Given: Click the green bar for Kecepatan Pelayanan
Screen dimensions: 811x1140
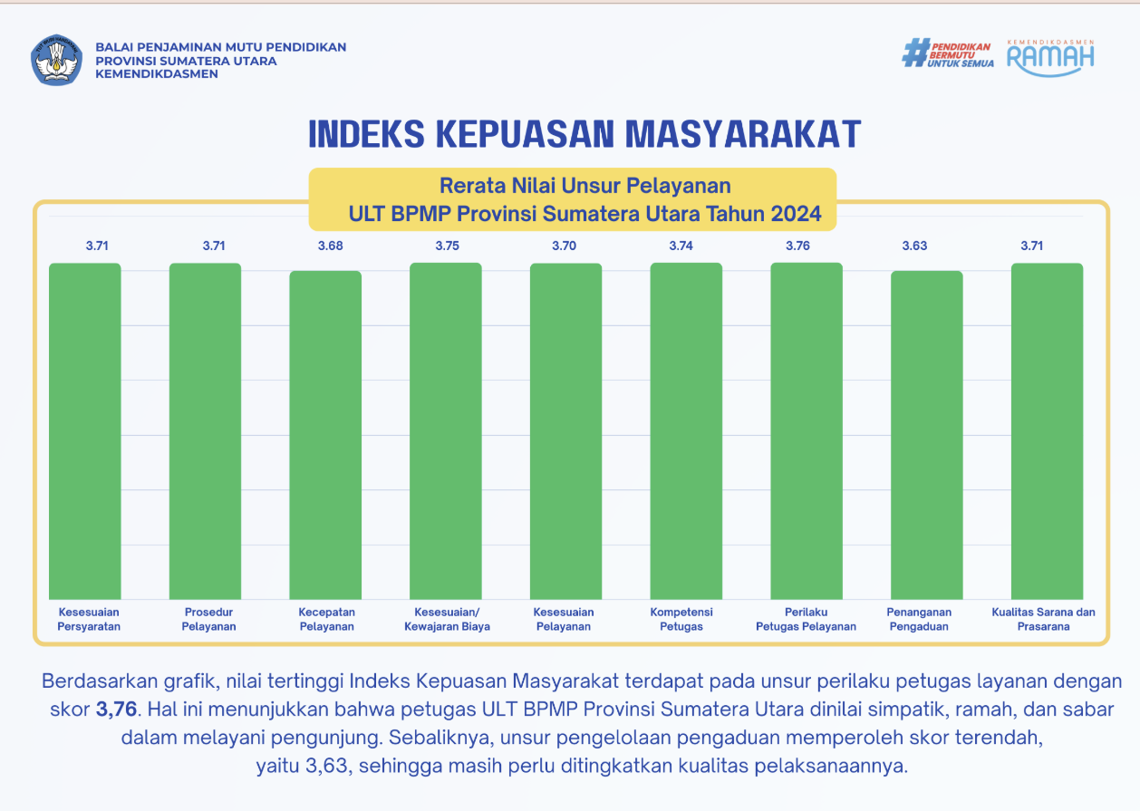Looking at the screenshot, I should click(x=325, y=435).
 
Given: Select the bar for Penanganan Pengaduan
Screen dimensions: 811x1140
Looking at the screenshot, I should click(x=926, y=435).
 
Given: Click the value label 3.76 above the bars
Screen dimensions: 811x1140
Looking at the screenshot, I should click(x=807, y=246).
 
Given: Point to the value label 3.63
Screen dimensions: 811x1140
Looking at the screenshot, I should click(x=914, y=246).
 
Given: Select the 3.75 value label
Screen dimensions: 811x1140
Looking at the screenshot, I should click(x=447, y=246).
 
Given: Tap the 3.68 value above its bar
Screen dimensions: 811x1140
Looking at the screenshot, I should click(x=330, y=246).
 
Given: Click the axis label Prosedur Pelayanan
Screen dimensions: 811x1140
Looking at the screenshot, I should click(x=208, y=619).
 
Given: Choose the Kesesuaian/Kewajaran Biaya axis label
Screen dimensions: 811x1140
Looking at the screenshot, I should click(x=447, y=619).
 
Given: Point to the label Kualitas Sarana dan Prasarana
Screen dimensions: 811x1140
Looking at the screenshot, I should click(x=1043, y=619).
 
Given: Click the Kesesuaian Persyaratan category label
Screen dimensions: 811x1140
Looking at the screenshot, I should click(x=89, y=619).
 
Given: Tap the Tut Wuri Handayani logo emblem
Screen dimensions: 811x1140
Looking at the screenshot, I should click(x=57, y=60).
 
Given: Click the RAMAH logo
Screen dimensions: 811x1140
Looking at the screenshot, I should click(x=1050, y=56).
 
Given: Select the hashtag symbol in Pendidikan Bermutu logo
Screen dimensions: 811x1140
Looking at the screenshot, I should click(x=916, y=53).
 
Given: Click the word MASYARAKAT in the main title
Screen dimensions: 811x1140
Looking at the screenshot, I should click(x=743, y=134).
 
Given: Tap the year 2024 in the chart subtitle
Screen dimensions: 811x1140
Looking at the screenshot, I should click(x=797, y=215).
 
